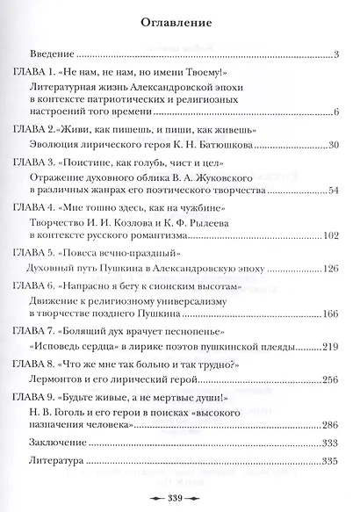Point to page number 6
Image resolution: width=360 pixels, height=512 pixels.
pos(337,113)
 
